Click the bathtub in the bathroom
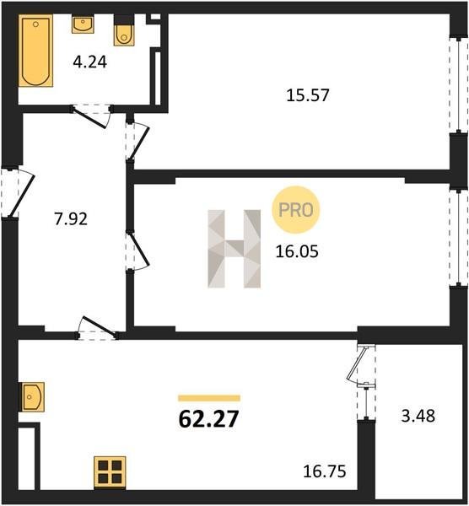[35, 51]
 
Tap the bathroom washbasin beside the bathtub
[83, 24]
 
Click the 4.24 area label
[89, 62]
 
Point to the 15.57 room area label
[308, 95]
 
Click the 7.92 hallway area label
[70, 219]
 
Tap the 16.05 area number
[297, 251]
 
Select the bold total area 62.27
[208, 419]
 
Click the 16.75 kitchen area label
[325, 471]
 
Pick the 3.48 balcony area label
[418, 416]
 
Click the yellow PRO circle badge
[296, 210]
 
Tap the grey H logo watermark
[234, 249]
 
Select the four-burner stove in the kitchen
[110, 472]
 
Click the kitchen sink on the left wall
[32, 397]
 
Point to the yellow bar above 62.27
[209, 398]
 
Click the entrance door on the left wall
[17, 192]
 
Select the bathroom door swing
[91, 116]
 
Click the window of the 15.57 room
[459, 85]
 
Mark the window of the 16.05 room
[459, 238]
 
